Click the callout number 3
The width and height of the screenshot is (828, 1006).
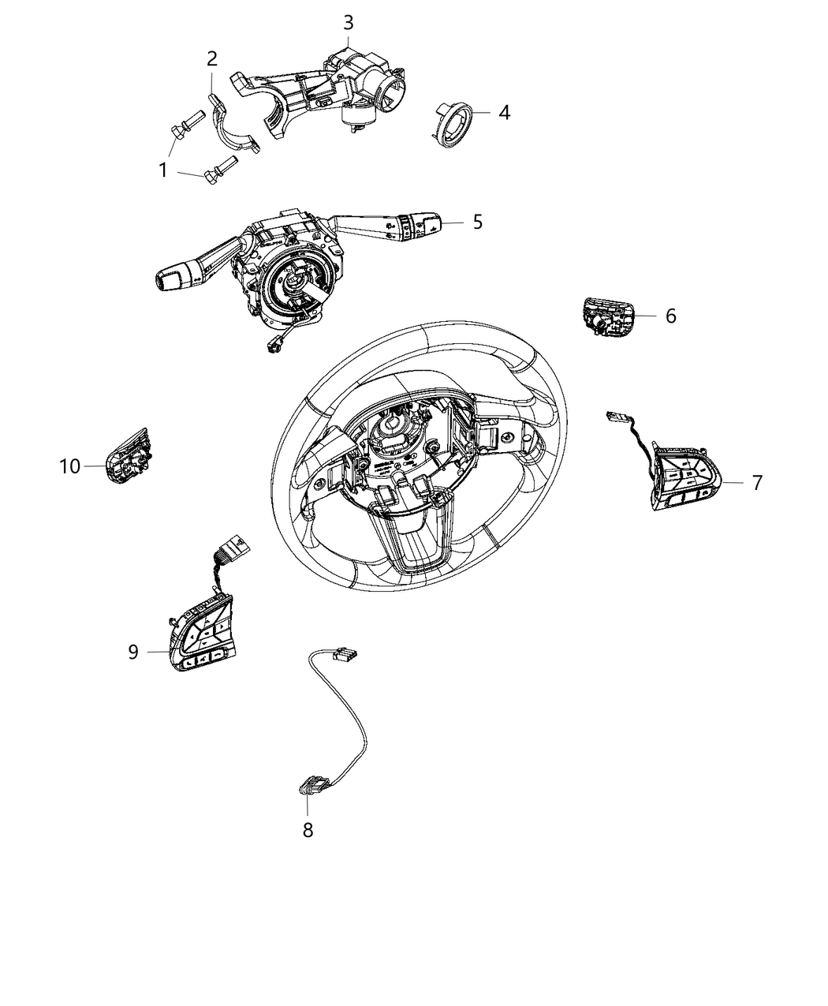tap(348, 22)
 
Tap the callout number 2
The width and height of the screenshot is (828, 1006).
tap(212, 58)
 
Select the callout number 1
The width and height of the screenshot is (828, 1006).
tap(163, 170)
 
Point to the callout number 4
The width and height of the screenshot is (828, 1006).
tap(504, 112)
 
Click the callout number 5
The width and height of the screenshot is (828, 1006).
tap(477, 223)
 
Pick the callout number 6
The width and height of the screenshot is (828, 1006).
tap(671, 316)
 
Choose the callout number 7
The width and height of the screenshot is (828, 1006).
tap(757, 483)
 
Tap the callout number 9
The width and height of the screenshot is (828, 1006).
tap(133, 652)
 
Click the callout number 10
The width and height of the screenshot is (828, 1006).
tap(70, 466)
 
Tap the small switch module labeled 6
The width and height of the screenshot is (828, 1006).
tap(608, 317)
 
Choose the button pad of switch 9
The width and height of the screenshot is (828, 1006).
tap(204, 634)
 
